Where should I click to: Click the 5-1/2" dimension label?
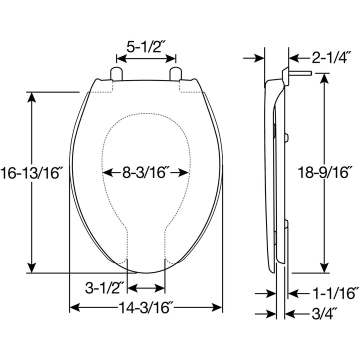click(145, 47)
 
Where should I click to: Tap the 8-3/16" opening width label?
click(145, 173)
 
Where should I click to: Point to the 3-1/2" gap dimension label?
click(104, 288)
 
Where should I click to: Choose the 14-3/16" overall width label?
click(145, 306)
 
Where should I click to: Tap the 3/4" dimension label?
click(323, 313)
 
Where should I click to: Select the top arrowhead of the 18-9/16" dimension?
click(326, 78)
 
